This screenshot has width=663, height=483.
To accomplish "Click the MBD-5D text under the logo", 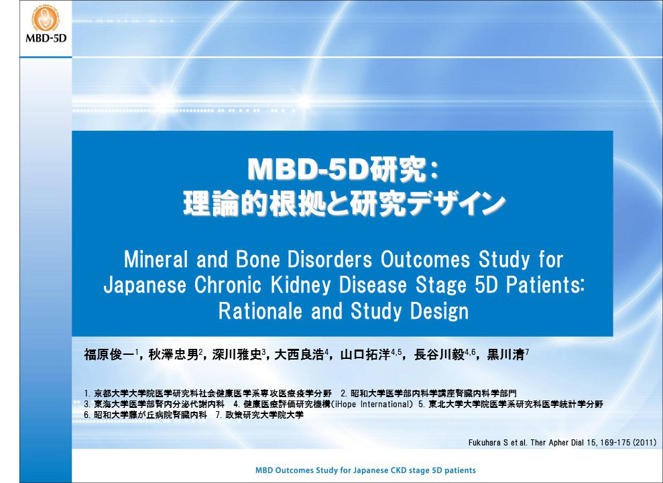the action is click(x=46, y=38).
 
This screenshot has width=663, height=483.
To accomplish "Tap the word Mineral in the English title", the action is click(x=155, y=259).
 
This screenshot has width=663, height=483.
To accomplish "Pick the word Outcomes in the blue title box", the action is click(x=425, y=259).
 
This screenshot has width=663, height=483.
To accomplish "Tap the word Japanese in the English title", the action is click(x=145, y=286).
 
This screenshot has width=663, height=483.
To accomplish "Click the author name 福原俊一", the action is click(x=109, y=354).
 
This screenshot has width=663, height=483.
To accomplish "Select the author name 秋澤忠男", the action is click(x=174, y=354).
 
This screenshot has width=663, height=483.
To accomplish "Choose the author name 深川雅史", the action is click(x=237, y=354).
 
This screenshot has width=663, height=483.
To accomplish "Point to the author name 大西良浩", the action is click(x=300, y=354).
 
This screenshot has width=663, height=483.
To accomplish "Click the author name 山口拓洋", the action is click(x=365, y=354).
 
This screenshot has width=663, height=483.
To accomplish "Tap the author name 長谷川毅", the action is click(x=439, y=354).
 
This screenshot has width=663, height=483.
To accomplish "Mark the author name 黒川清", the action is click(x=506, y=354).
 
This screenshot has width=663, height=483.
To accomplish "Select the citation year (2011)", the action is click(x=644, y=443).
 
